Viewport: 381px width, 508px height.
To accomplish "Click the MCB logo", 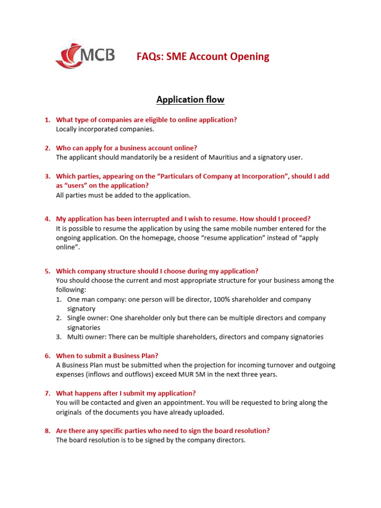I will pos(85,56).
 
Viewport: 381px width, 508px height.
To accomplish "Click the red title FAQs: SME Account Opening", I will pos(203,57).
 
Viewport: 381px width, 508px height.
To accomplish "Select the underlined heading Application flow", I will pos(190,100).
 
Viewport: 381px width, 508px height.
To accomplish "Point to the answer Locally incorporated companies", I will pos(105,129).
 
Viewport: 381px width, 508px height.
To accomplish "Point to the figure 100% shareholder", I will pos(236,300).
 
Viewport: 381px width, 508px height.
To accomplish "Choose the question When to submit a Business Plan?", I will pos(107,356).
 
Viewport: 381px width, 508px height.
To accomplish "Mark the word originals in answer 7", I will pos(69,412).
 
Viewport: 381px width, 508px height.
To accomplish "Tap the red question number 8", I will pos(47,431).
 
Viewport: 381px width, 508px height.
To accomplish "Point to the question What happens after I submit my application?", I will pos(126,393).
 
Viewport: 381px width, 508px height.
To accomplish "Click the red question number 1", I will pos(47,120).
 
